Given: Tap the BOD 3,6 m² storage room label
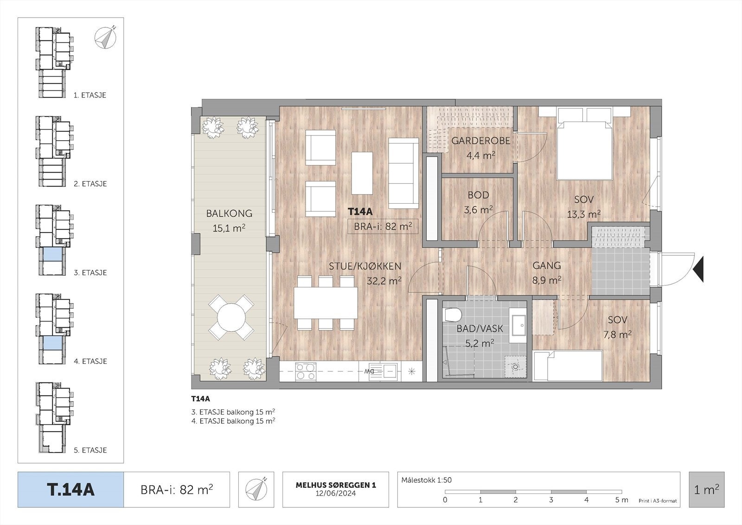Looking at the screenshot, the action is pyautogui.click(x=478, y=202).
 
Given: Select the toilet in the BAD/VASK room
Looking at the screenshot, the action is pyautogui.click(x=453, y=315).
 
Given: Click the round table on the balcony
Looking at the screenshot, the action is pyautogui.click(x=231, y=317).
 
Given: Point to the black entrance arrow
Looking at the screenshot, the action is pyautogui.click(x=698, y=269).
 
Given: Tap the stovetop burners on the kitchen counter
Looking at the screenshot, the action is pyautogui.click(x=306, y=371).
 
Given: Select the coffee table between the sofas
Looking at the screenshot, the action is pyautogui.click(x=362, y=173).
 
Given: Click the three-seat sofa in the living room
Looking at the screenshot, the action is pyautogui.click(x=403, y=173).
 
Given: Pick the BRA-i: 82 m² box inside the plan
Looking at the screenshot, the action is pyautogui.click(x=383, y=227).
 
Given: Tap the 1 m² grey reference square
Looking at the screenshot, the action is pyautogui.click(x=707, y=490).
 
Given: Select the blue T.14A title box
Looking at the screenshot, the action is pyautogui.click(x=70, y=490).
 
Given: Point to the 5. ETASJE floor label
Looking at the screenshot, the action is pyautogui.click(x=90, y=450).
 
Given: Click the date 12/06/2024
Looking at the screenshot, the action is pyautogui.click(x=336, y=493).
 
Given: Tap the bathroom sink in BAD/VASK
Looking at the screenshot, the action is pyautogui.click(x=518, y=324).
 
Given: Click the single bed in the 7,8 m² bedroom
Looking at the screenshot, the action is pyautogui.click(x=568, y=366).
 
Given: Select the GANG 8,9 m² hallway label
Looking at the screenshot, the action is pyautogui.click(x=547, y=272).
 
